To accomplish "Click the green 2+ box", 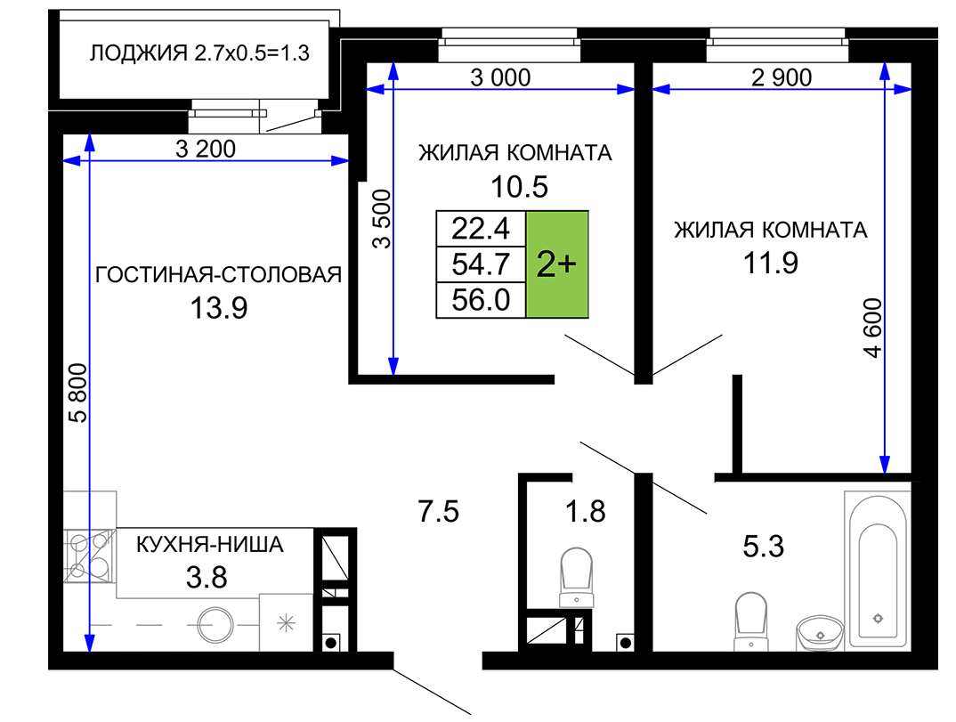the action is [556, 264].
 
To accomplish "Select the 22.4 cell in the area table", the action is [481, 229].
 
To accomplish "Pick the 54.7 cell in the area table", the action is [481, 264].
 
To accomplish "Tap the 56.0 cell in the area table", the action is [481, 300].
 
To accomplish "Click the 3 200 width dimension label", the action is [206, 149].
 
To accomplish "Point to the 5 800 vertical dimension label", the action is [78, 393].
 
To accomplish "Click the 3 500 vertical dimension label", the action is [382, 219].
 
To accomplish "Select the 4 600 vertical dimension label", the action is [872, 329].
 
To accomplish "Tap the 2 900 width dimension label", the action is [782, 77].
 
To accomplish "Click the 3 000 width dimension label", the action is [500, 77].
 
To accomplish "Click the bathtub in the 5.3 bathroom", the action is [878, 570].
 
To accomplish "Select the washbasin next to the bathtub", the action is [820, 632].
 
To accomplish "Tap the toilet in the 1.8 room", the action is [576, 577].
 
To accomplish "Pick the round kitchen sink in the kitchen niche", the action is [215, 625].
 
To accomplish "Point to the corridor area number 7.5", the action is [438, 511].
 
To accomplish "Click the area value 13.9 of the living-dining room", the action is [219, 308].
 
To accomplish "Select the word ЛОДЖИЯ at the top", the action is [138, 53].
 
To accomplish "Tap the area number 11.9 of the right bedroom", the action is [770, 263].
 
